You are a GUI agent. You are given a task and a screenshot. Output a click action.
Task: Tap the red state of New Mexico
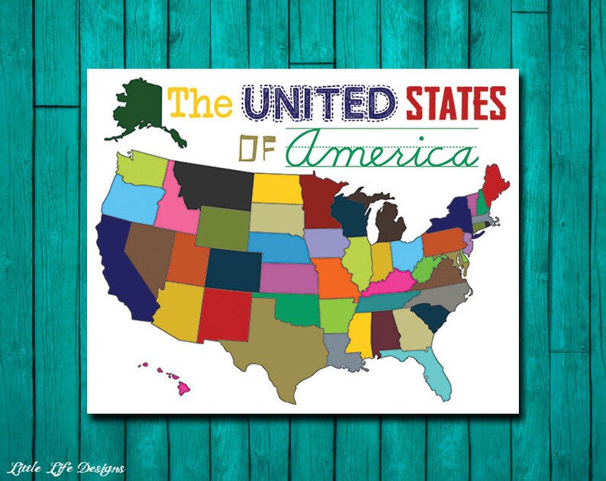coord(225,314)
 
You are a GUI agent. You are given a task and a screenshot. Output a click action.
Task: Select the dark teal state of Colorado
coord(233,269)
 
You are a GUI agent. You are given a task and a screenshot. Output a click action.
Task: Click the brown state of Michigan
coord(391,220)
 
